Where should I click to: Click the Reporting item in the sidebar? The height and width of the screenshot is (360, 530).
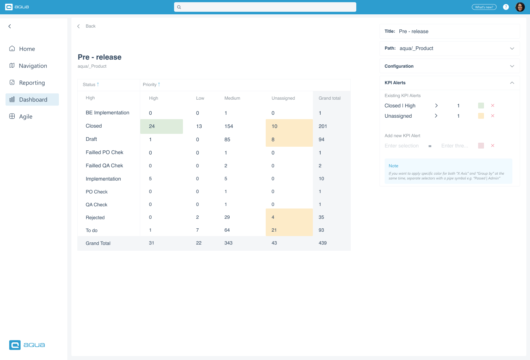[x=32, y=83]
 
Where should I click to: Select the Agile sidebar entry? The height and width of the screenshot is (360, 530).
[x=25, y=117]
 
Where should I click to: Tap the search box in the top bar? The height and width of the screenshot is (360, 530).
[x=265, y=7]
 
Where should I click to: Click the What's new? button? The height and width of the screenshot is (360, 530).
[x=484, y=7]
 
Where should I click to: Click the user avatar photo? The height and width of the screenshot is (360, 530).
[x=520, y=7]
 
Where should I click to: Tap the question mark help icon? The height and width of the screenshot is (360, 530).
[x=506, y=7]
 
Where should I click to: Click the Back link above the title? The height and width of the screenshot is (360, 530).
[x=90, y=26]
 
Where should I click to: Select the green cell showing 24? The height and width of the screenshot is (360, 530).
[x=161, y=126]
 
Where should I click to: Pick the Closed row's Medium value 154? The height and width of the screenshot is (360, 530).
[x=229, y=126]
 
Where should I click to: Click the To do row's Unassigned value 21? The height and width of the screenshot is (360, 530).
[x=274, y=230]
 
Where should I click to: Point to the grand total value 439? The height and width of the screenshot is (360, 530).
[x=322, y=243]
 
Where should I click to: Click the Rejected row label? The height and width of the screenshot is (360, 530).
[x=95, y=218]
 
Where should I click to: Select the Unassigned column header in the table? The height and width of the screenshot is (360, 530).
[x=283, y=98]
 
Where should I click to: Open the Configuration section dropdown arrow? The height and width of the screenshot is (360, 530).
[x=512, y=66]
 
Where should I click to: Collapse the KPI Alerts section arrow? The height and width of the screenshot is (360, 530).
[x=512, y=83]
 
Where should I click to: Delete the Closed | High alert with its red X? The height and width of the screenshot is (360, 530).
[x=492, y=106]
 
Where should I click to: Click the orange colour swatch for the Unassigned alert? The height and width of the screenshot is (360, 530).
[x=481, y=116]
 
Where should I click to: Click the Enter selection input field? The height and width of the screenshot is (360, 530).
[x=402, y=146]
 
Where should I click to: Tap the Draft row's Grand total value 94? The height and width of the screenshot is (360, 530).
[x=321, y=139]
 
